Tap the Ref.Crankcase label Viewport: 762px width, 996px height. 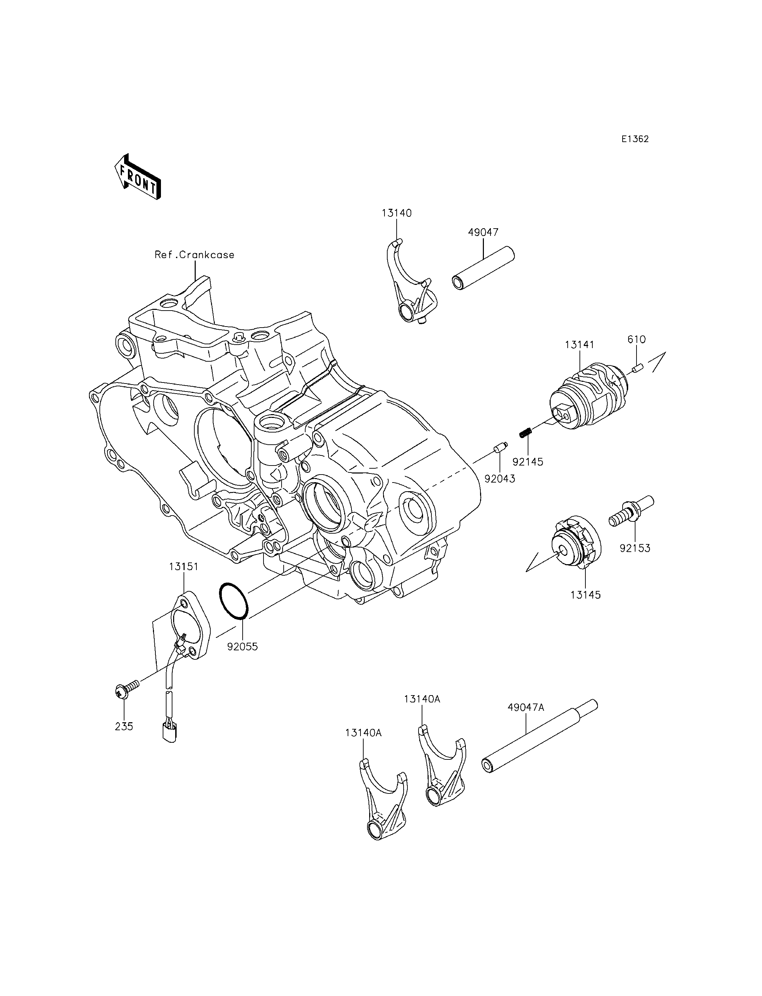pos(195,255)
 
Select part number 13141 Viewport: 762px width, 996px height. pos(579,345)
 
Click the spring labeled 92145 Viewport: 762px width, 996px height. pos(525,433)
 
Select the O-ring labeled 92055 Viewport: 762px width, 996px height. pos(234,601)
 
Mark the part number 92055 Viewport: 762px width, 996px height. pos(242,647)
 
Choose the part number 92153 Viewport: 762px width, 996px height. pos(635,549)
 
